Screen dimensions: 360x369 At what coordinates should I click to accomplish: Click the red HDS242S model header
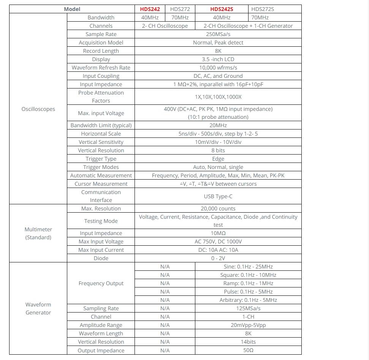222,9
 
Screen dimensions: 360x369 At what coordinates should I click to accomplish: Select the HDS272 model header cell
180,9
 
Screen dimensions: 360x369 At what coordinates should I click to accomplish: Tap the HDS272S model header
263,9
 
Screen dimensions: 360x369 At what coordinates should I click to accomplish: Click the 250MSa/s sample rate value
218,34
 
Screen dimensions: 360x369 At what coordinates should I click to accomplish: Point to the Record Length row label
101,51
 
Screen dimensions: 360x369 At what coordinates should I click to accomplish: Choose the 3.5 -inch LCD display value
218,59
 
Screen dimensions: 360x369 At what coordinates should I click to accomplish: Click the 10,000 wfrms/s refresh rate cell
218,68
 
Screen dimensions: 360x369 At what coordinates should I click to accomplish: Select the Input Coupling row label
101,76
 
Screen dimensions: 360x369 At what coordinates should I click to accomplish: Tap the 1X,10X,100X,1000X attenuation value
218,97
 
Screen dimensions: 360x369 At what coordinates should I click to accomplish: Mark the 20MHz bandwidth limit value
218,125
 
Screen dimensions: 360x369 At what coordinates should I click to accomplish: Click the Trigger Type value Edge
218,159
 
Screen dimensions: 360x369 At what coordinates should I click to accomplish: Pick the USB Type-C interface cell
218,196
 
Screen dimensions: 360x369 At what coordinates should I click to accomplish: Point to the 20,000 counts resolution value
218,208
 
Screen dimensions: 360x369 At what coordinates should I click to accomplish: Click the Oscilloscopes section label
38,109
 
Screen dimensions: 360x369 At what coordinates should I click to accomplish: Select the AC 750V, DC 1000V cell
218,242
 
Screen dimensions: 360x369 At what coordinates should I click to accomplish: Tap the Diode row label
101,258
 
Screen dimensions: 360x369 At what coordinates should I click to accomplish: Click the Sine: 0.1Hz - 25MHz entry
248,267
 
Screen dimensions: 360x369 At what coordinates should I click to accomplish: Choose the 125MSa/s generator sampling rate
248,308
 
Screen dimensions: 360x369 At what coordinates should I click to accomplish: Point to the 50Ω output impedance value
248,351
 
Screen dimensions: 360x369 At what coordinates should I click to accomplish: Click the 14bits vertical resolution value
248,342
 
